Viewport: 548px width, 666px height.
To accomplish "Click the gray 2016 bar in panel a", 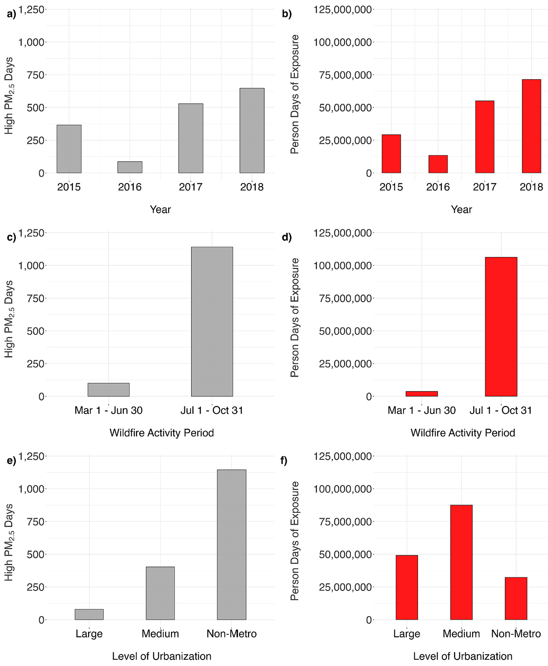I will point(130,167).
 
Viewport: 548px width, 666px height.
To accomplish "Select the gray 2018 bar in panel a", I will point(252,131).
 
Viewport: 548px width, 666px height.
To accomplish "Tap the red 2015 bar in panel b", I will point(391,154).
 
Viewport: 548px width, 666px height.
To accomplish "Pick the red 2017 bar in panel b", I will point(485,137).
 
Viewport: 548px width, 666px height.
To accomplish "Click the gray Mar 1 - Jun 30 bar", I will point(108,390).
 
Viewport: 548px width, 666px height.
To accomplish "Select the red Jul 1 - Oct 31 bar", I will point(501,327).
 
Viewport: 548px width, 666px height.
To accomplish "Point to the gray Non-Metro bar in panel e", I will point(231,545).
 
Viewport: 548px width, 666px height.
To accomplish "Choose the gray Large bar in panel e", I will point(89,614).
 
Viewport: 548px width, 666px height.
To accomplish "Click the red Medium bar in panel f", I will point(461,562).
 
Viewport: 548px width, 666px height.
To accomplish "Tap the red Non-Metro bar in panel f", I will point(516,598).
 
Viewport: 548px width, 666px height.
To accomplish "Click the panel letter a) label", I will point(11,14).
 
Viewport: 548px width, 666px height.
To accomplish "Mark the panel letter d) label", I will point(287,237).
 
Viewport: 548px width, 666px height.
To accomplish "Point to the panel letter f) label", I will point(284,461).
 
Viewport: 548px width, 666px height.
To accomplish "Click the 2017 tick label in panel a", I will point(191,187).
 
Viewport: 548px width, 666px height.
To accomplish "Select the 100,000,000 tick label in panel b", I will point(342,42).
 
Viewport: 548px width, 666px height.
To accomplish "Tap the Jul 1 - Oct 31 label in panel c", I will point(212,410).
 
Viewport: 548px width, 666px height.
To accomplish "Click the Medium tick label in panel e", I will point(160,634).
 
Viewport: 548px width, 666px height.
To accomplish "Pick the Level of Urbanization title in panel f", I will point(463,656).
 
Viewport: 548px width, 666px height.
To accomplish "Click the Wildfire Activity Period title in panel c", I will point(162,433).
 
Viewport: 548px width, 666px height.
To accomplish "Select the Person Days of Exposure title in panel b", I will point(295,94).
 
